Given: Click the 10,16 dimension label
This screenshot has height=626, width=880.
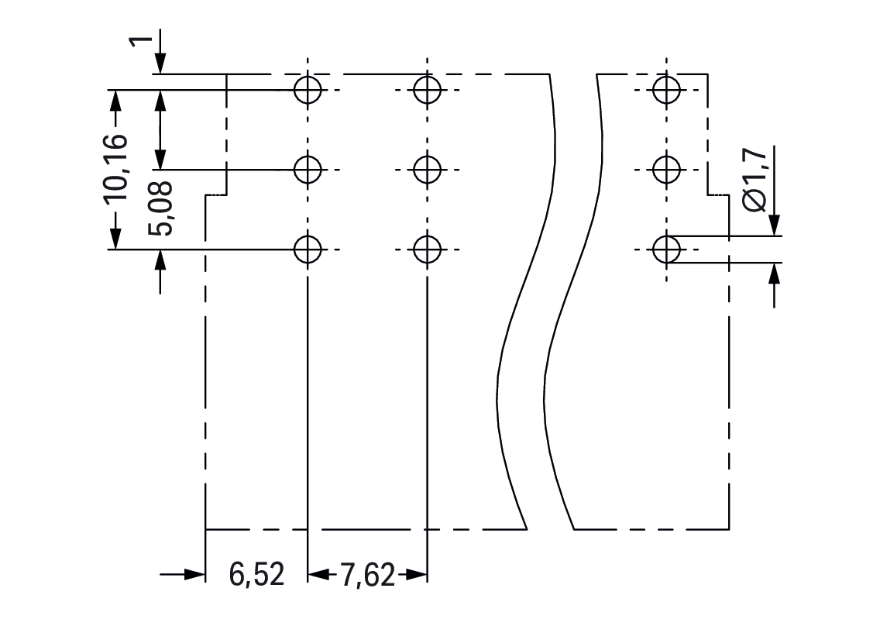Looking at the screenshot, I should point(116,168).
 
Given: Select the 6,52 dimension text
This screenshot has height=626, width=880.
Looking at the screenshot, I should point(256,575).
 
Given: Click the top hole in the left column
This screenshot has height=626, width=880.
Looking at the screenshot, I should point(308,90).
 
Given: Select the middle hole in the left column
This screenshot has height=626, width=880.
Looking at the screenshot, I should point(308,169).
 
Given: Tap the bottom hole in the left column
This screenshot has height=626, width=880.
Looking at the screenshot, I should point(308,249).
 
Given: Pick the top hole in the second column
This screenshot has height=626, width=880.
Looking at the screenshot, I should point(427,90).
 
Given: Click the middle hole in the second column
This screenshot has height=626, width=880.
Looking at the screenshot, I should point(427,169).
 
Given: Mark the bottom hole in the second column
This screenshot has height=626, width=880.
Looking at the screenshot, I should point(427,249).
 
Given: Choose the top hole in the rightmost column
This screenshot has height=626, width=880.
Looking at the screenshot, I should point(665,90).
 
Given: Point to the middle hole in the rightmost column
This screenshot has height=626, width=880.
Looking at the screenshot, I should point(665,169).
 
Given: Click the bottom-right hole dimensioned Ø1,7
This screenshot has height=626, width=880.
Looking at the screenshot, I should point(665,249).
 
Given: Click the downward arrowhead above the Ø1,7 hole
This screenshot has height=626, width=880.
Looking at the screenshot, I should point(775,225).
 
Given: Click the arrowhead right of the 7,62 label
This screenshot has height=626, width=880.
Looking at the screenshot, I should point(418,575).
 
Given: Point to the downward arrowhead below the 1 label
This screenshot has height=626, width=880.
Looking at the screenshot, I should point(160,64).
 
